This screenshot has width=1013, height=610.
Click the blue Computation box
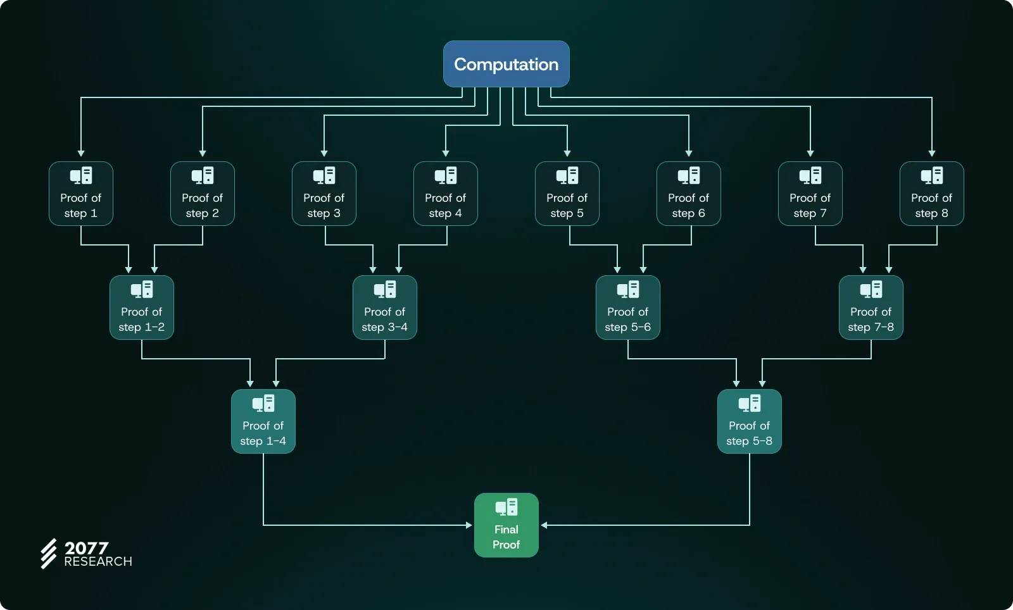[506, 64]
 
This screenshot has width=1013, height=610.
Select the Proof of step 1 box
[81, 194]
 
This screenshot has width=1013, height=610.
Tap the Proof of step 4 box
[446, 194]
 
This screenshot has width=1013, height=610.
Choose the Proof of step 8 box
[931, 194]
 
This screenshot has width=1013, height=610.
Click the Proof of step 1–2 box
[142, 308]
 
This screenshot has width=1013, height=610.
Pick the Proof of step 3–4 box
[385, 308]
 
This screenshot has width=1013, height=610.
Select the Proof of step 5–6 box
[628, 308]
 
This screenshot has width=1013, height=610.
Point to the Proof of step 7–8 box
[871, 308]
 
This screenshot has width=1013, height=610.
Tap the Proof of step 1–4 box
[263, 421]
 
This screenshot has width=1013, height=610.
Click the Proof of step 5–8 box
[749, 421]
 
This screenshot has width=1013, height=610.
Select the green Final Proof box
[507, 525]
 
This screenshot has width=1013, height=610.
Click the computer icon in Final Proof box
[507, 507]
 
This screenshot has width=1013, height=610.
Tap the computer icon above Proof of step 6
[689, 175]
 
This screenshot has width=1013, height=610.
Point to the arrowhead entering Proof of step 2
[203, 153]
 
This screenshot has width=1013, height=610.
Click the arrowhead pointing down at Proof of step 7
[810, 153]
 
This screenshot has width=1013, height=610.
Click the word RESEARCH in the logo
[98, 562]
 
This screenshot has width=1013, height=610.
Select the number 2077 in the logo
[87, 547]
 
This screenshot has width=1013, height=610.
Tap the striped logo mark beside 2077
[49, 554]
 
